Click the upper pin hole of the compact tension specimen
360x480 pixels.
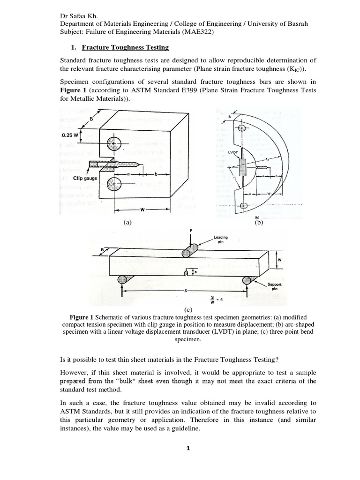click(114, 143)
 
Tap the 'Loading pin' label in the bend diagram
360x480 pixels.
click(220, 240)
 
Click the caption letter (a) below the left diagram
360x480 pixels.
click(127, 223)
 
